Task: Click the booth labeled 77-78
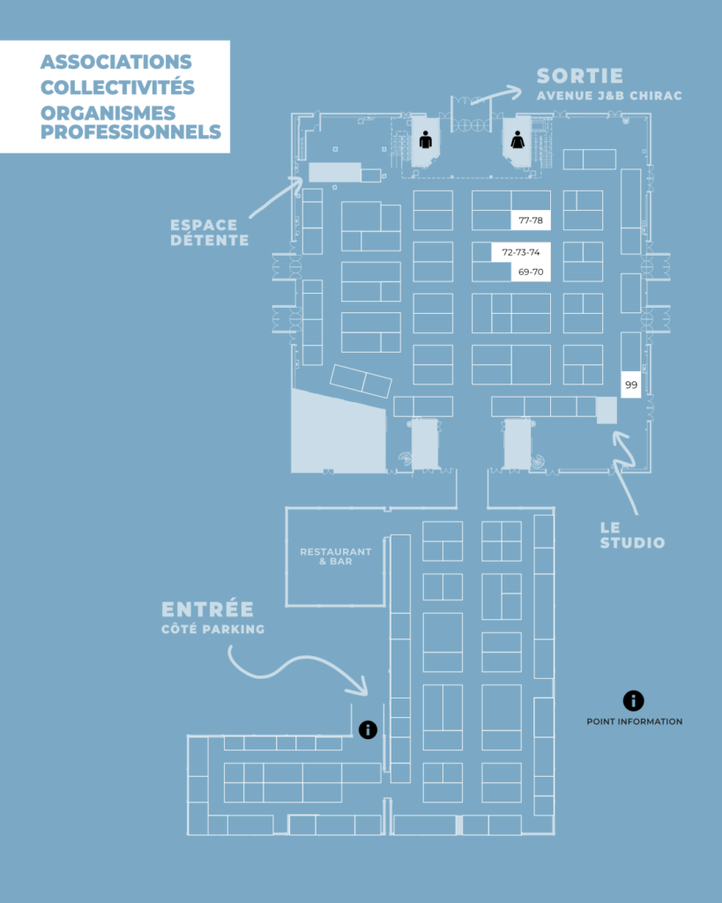click(x=531, y=220)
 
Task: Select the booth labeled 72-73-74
click(x=521, y=252)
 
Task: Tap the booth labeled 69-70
click(x=531, y=272)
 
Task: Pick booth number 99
click(x=631, y=384)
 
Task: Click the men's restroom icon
click(x=426, y=138)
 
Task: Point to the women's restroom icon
click(x=517, y=138)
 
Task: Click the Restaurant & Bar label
click(x=335, y=556)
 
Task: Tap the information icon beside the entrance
click(x=368, y=729)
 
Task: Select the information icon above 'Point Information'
click(x=633, y=701)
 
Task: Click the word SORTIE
click(x=579, y=76)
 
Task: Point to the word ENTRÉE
click(x=207, y=609)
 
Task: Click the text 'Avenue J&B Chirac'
click(x=609, y=96)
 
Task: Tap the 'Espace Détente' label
click(x=210, y=233)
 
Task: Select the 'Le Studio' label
click(x=632, y=535)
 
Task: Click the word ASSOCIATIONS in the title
click(x=115, y=63)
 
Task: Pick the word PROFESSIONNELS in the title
click(x=130, y=133)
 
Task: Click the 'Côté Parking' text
click(x=212, y=629)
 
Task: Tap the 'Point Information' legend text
click(x=634, y=721)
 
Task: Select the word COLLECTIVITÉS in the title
click(x=117, y=88)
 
